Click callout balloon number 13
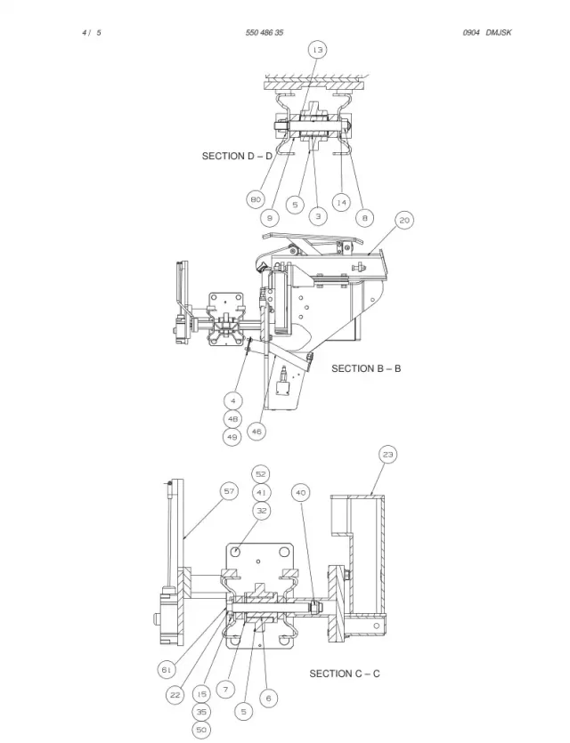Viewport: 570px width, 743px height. coord(317,50)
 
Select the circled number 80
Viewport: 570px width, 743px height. coord(256,199)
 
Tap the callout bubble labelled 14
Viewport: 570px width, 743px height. coord(341,202)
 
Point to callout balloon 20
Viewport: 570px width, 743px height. coord(404,220)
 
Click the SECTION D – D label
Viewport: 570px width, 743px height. coord(237,156)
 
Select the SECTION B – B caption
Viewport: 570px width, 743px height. coord(366,368)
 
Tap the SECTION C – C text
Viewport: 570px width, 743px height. coord(345,674)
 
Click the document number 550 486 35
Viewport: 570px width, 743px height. coord(265,33)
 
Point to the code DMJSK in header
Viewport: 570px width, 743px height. coord(499,33)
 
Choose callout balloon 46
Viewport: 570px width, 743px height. coord(256,432)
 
